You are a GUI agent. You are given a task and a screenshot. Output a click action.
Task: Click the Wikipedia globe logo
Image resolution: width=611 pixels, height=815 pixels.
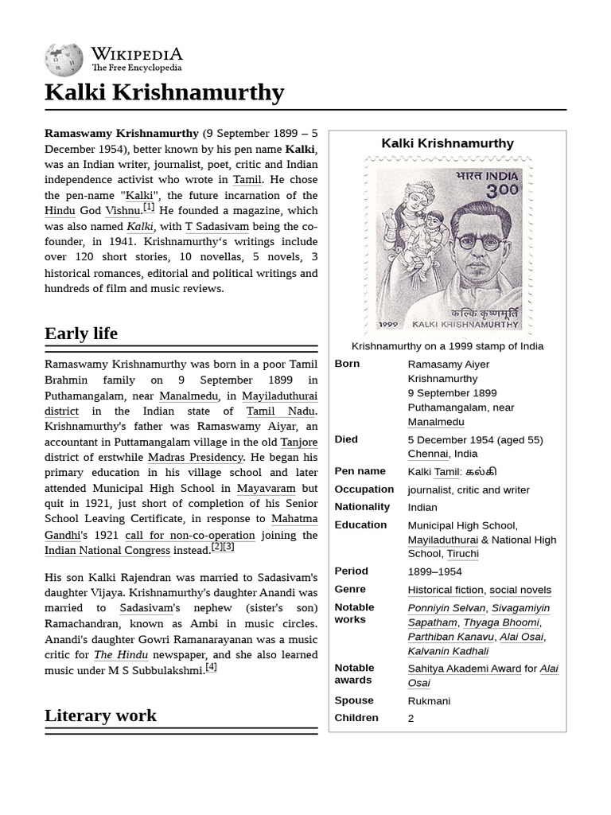[63, 60]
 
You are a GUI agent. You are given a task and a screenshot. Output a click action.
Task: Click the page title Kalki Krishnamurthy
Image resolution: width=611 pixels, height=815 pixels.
[164, 92]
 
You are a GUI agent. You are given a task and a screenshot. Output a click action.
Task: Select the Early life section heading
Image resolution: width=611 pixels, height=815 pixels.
[81, 333]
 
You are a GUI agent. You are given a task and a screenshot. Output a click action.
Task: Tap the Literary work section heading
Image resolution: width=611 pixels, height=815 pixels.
[100, 715]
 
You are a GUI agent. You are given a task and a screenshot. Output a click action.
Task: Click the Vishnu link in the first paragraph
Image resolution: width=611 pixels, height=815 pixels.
[123, 211]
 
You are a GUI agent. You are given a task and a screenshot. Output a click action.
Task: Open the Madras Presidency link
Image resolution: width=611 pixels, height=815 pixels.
[195, 458]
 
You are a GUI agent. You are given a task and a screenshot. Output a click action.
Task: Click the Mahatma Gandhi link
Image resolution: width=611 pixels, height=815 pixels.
[294, 519]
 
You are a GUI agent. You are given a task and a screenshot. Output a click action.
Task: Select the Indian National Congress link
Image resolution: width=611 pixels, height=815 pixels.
[107, 550]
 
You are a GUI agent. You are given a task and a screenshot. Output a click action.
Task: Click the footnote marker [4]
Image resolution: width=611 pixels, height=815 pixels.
[211, 667]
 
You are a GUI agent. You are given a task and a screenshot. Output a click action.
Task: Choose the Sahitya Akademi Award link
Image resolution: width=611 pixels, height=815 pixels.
[464, 669]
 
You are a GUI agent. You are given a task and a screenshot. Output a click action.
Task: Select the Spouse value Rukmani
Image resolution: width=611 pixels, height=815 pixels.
[429, 701]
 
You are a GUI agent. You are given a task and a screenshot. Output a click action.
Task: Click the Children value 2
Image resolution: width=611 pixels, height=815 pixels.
[411, 718]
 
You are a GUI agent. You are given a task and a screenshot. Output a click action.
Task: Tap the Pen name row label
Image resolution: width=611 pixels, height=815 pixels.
[360, 471]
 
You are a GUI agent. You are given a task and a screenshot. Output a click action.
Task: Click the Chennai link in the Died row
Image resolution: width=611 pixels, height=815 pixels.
[428, 454]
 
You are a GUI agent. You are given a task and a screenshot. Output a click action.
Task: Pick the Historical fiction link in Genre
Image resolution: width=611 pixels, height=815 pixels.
[445, 590]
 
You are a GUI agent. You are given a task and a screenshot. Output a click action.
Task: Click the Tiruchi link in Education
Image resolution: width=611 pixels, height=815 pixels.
[462, 553]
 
